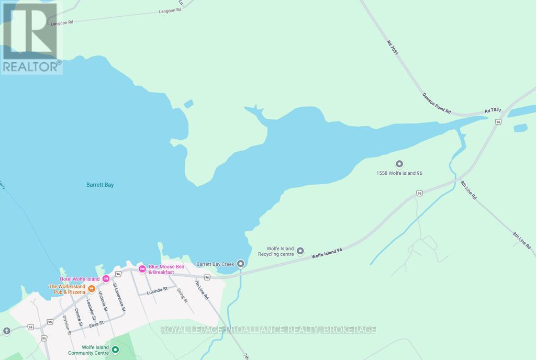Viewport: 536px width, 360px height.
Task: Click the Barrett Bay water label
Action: click(x=99, y=185)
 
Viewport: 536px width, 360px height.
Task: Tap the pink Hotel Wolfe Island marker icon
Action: click(x=106, y=278)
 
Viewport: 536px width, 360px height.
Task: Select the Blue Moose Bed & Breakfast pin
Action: click(x=141, y=269)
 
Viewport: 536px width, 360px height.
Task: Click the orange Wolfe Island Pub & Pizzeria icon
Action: click(x=92, y=288)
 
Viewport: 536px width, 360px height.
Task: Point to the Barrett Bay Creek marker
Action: click(x=241, y=263)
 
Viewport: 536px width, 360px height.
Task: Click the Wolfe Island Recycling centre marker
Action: click(x=300, y=251)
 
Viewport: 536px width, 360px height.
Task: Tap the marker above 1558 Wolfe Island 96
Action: click(x=399, y=164)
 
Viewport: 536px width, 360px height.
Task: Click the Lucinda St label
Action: click(x=157, y=289)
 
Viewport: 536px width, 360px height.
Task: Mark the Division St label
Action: click(x=66, y=327)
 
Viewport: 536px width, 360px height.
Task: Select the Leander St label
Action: click(x=90, y=310)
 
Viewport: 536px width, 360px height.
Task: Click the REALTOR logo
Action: click(x=31, y=38)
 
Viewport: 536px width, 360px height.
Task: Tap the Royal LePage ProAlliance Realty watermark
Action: click(x=269, y=330)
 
